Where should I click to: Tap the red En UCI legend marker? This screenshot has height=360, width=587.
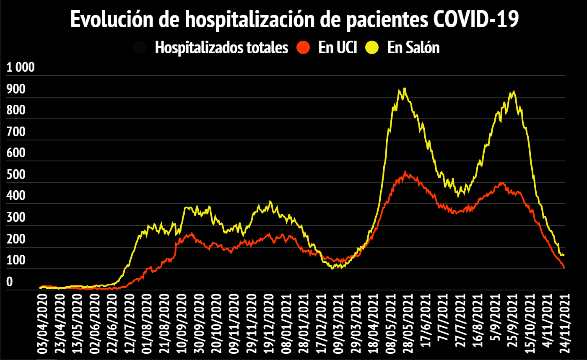(303, 47)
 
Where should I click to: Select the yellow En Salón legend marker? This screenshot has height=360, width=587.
(372, 47)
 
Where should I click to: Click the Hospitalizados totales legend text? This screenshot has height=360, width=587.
(221, 47)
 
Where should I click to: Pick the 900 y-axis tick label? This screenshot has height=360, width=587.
(16, 90)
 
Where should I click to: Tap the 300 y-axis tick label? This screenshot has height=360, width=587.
(16, 218)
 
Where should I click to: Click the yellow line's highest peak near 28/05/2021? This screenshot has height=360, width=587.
(404, 88)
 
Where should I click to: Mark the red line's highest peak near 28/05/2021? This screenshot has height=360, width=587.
(405, 171)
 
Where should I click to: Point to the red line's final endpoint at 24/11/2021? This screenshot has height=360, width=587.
(564, 268)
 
